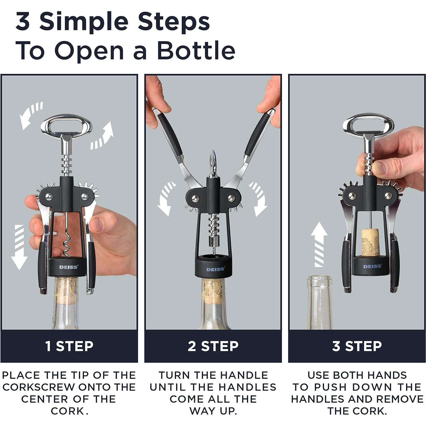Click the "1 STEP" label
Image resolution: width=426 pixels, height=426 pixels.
pos(69,346)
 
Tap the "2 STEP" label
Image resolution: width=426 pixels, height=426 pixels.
pos(213,346)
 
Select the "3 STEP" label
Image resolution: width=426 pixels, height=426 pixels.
pos(357,346)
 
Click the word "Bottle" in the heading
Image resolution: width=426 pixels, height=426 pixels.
pos(196,50)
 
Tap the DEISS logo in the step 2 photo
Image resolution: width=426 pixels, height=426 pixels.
pos(215,269)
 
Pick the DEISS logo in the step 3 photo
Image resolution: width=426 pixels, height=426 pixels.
pos(372,266)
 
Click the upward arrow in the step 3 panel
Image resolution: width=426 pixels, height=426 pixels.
pos(319,244)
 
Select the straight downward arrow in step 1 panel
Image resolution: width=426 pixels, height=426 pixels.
pos(19,247)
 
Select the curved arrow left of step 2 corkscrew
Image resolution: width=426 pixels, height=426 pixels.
pos(165,199)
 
